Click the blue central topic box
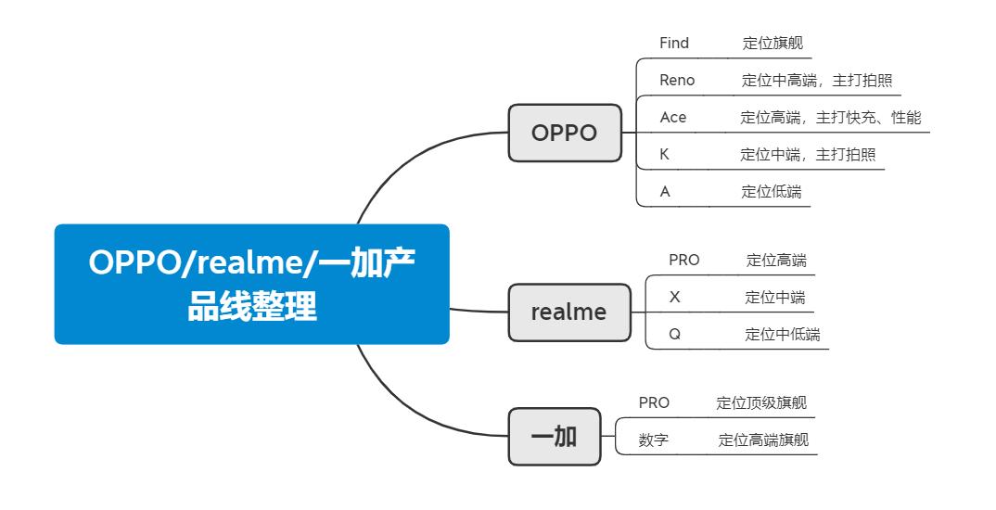pyautogui.click(x=251, y=284)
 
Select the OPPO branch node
pyautogui.click(x=564, y=133)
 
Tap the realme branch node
pyautogui.click(x=568, y=312)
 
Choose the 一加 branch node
pyautogui.click(x=553, y=436)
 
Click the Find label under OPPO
pyautogui.click(x=674, y=44)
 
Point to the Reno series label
pyautogui.click(x=677, y=81)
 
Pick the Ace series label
pyautogui.click(x=673, y=118)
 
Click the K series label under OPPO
pyautogui.click(x=664, y=155)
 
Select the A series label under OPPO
pyautogui.click(x=665, y=192)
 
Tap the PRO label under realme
pyautogui.click(x=684, y=261)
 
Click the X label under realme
pyautogui.click(x=674, y=298)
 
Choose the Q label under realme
pyautogui.click(x=674, y=335)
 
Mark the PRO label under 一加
pyautogui.click(x=654, y=403)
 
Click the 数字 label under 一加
pyautogui.click(x=654, y=440)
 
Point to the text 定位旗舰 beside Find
pyautogui.click(x=772, y=44)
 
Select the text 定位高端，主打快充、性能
pyautogui.click(x=830, y=118)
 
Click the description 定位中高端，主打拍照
pyautogui.click(x=817, y=81)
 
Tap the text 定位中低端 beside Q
pyautogui.click(x=782, y=335)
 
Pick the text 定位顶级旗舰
pyautogui.click(x=761, y=403)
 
